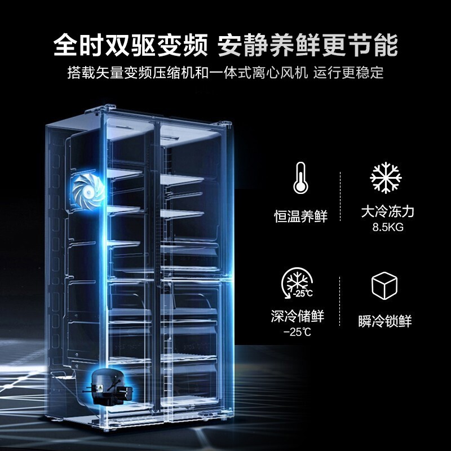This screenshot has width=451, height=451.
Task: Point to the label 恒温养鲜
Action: point(299,216)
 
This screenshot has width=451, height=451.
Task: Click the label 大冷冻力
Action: point(388,212)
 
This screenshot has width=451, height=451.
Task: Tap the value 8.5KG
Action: point(388,228)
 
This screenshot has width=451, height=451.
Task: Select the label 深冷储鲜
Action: point(298,316)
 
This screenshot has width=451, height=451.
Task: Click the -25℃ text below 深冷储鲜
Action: point(298,331)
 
